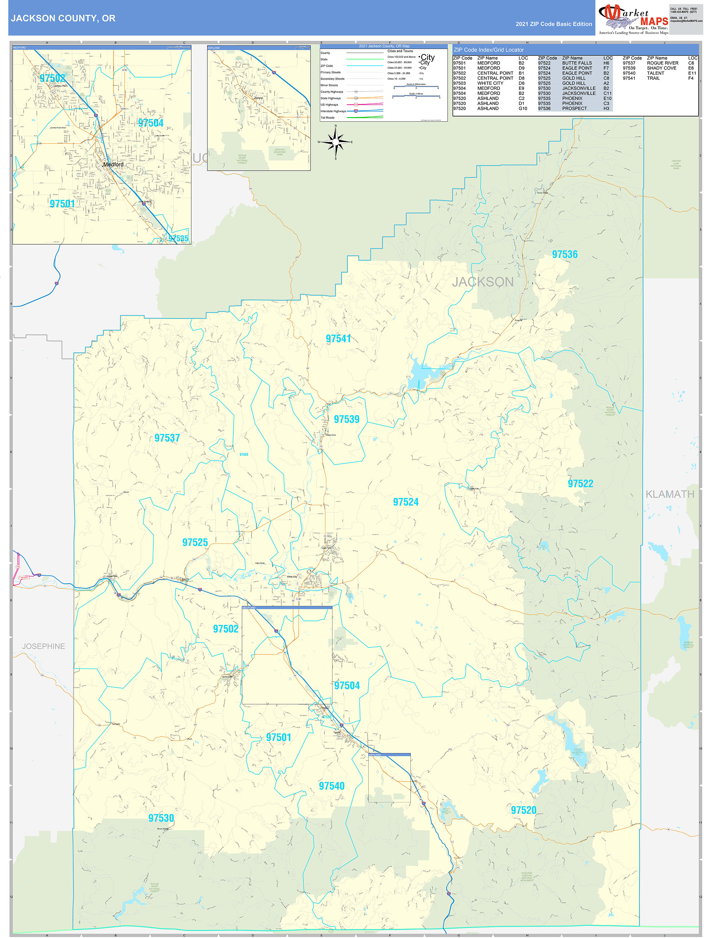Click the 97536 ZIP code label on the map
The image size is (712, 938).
(564, 254)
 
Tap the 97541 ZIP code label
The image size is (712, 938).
(338, 338)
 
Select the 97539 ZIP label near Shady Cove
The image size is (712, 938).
(347, 419)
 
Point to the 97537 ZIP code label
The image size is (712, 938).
(167, 438)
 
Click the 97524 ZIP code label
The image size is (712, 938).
(405, 502)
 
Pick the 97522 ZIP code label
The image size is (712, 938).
(580, 483)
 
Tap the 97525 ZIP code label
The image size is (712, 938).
(195, 542)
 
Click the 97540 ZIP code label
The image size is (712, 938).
(331, 786)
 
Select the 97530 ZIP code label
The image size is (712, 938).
(161, 818)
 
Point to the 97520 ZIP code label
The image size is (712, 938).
(523, 810)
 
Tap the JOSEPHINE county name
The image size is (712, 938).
(44, 646)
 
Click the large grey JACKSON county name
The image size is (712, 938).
(483, 282)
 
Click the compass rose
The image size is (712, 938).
(335, 142)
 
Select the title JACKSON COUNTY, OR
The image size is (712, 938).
(63, 18)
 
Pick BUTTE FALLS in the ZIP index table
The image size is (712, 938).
(577, 63)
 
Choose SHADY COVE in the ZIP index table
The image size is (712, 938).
(662, 68)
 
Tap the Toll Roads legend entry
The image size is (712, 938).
(328, 118)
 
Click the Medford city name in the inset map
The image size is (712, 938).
(114, 165)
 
